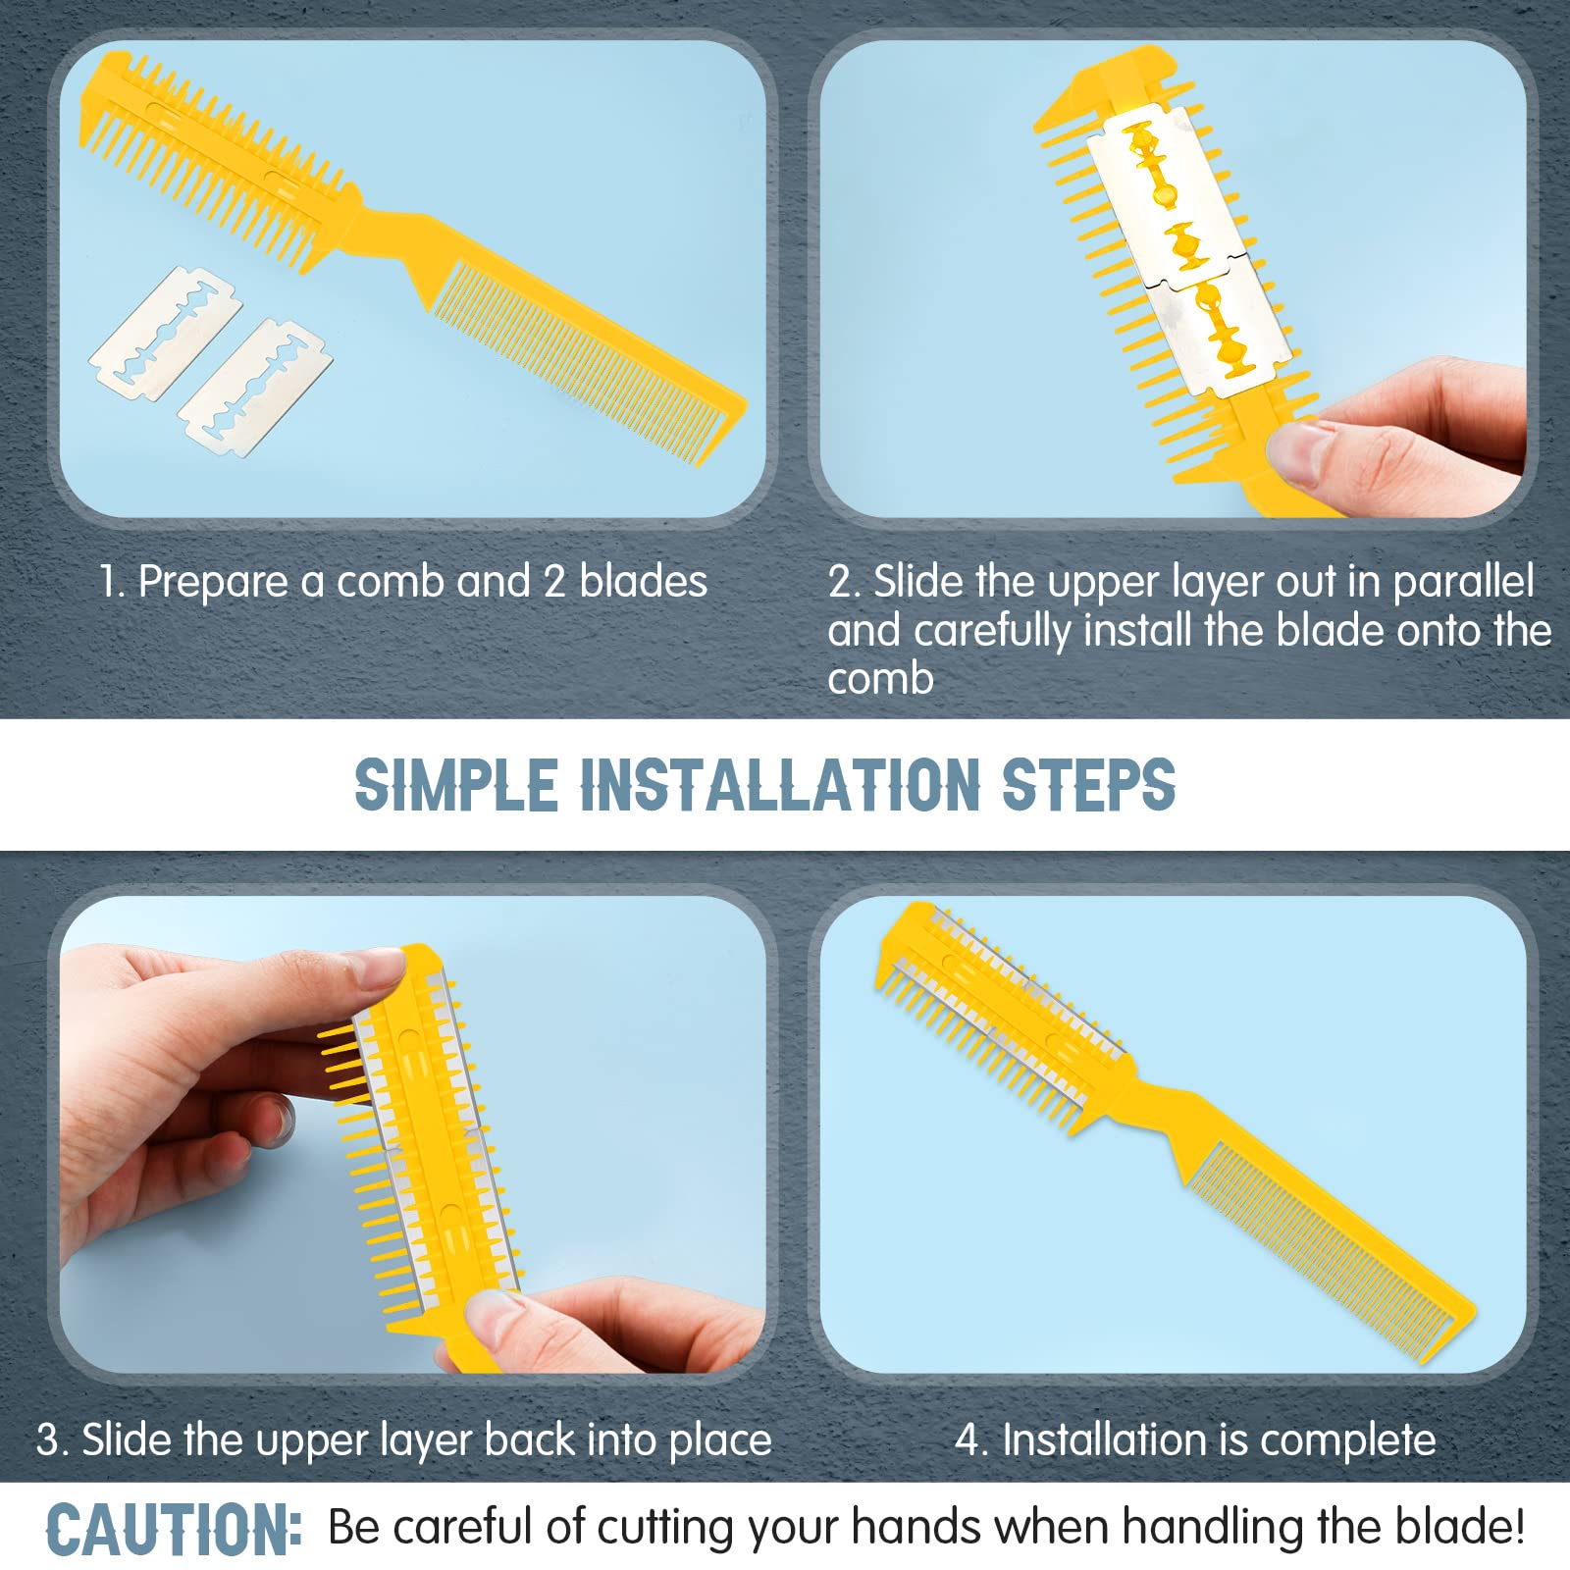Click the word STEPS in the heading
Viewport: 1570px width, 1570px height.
(1087, 786)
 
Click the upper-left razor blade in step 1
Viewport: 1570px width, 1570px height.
(165, 334)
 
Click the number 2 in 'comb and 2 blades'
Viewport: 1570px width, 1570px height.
(553, 581)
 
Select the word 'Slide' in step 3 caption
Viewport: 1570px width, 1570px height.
(129, 1439)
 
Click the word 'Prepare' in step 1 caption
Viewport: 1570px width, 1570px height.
(213, 582)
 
